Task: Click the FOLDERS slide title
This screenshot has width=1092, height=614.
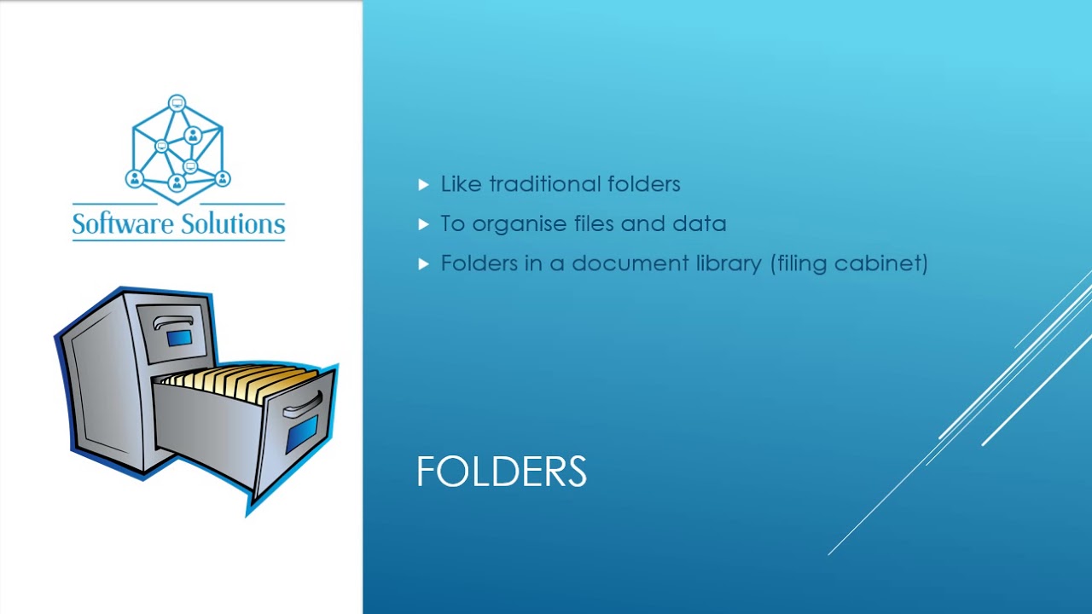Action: pos(501,472)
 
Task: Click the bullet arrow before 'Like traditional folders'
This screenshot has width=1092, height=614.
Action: pos(424,184)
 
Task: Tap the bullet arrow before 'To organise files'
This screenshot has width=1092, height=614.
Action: pos(424,224)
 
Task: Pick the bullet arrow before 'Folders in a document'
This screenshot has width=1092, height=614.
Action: pos(424,264)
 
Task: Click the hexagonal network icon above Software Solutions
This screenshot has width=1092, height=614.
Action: pos(177,149)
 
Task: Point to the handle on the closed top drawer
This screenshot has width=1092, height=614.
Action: pos(172,323)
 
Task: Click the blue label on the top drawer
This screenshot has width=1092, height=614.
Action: pos(179,339)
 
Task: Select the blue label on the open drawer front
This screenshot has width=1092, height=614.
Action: pos(303,433)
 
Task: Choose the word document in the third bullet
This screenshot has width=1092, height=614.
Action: pos(630,264)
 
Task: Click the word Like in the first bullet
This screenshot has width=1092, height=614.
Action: pos(461,184)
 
